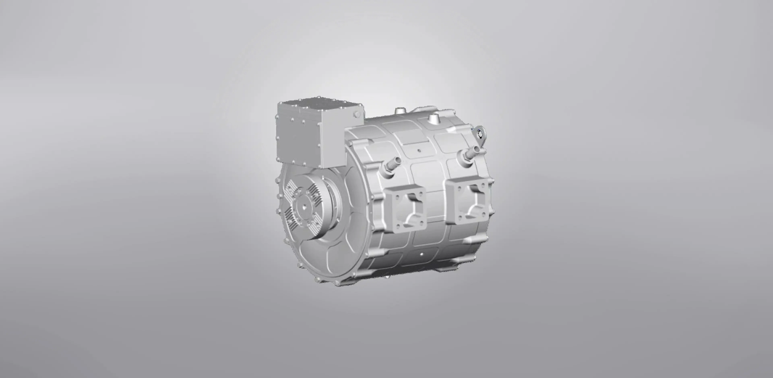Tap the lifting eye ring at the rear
click(x=480, y=134)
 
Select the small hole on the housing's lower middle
click(x=422, y=254)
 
